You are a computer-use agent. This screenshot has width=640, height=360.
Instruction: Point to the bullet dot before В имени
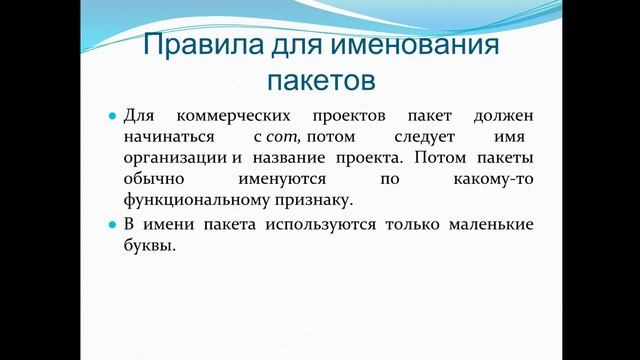coord(113,225)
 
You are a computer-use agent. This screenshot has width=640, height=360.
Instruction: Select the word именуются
coord(283,181)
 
